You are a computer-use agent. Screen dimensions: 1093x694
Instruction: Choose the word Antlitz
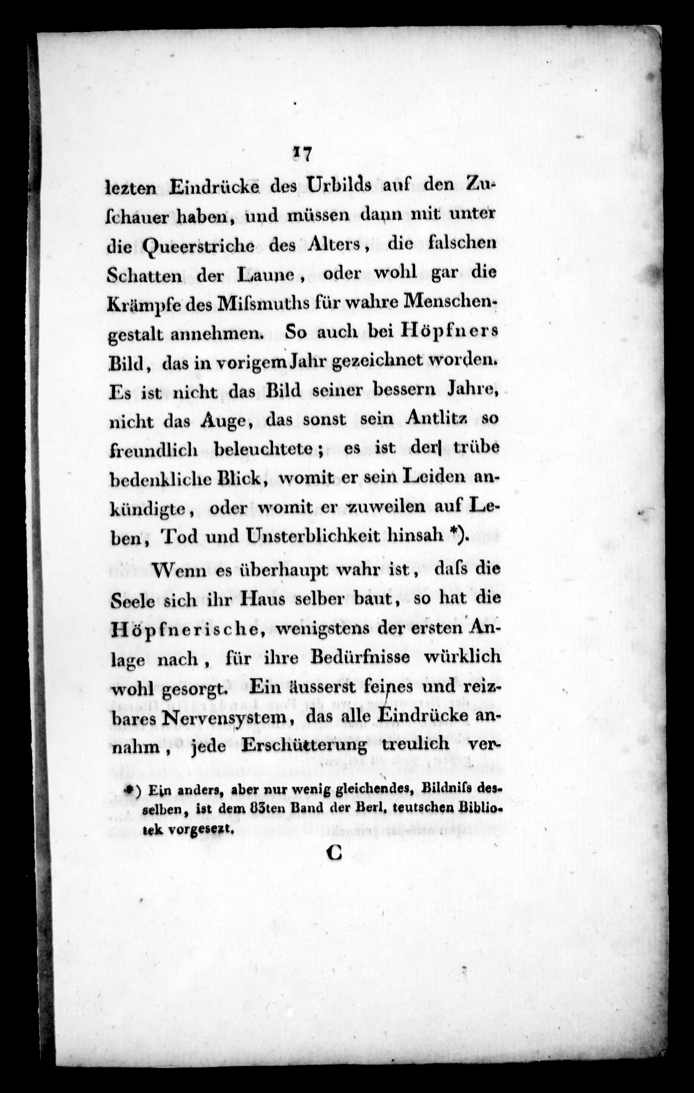(x=436, y=419)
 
